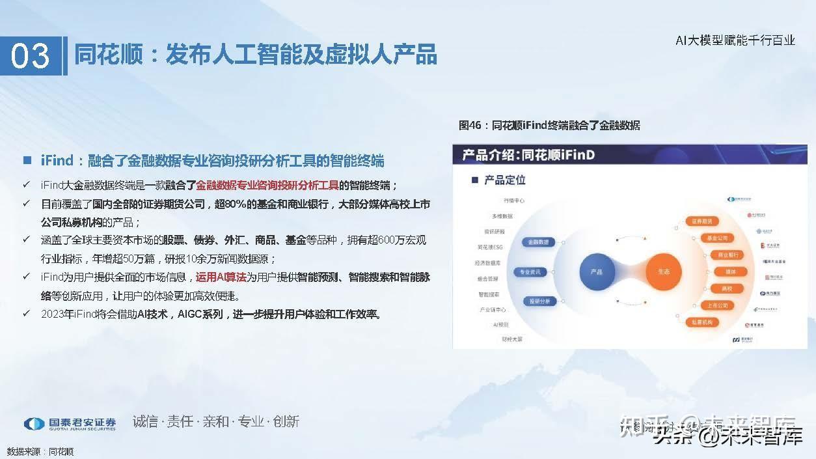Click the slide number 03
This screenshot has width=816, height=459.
31,56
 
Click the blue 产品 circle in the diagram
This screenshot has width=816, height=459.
596,271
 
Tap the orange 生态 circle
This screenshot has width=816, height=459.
663,271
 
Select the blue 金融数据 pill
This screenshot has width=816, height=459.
539,242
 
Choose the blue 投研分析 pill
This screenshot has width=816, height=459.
539,301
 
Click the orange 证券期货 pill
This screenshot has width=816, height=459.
701,221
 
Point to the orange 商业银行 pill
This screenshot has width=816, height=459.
725,255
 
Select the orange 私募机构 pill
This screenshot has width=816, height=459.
701,322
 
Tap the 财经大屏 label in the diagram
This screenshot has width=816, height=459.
511,339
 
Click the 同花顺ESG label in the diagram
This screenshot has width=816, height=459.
491,247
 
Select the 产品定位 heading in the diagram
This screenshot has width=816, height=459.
504,180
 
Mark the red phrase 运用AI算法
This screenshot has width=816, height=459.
221,277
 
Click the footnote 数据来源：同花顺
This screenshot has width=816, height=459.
40,451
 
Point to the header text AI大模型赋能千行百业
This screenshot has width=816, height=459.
735,40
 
